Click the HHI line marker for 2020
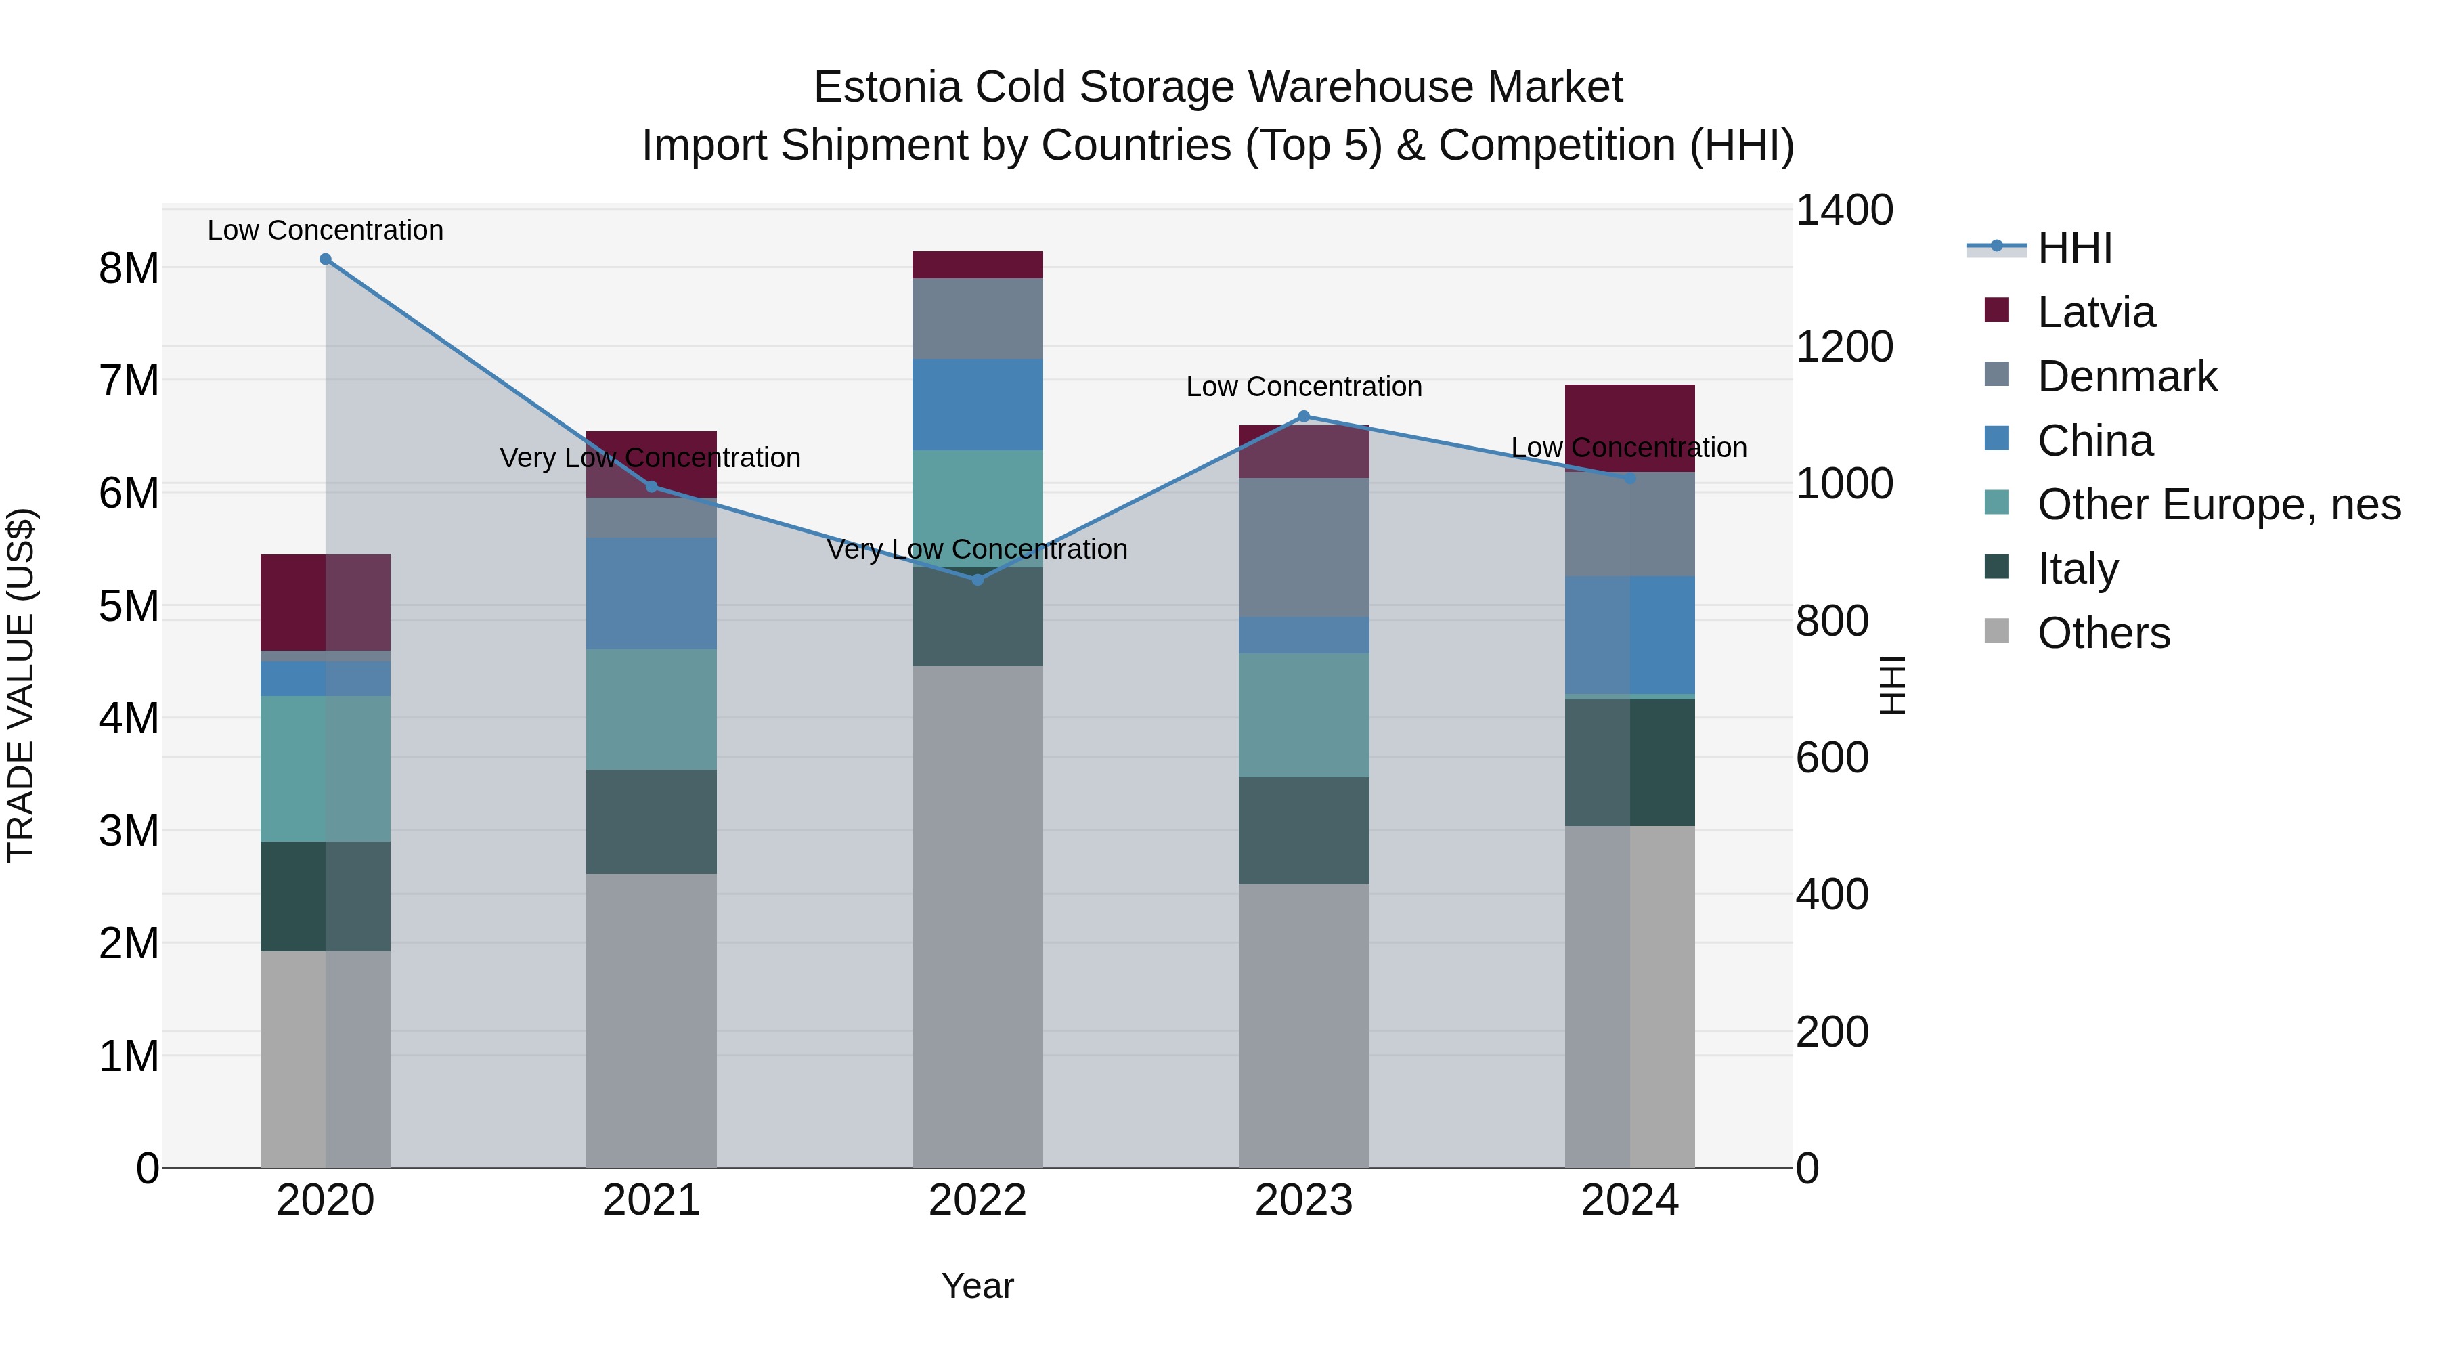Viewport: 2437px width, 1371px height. click(326, 259)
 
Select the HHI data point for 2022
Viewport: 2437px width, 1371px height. click(978, 580)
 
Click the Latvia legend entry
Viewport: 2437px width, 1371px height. click(2095, 312)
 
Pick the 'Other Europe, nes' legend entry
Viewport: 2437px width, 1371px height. click(2218, 504)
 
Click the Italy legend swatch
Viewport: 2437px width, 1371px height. click(1996, 568)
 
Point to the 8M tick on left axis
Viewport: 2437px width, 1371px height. click(129, 269)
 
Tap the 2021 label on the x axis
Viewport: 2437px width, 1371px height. click(651, 1200)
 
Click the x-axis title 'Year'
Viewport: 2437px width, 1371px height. click(978, 1286)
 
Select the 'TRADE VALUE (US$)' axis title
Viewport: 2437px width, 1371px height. click(21, 685)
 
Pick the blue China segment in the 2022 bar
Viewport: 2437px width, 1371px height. click(978, 404)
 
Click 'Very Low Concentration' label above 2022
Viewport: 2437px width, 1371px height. click(978, 550)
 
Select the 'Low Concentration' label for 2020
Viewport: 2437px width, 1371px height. click(326, 231)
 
